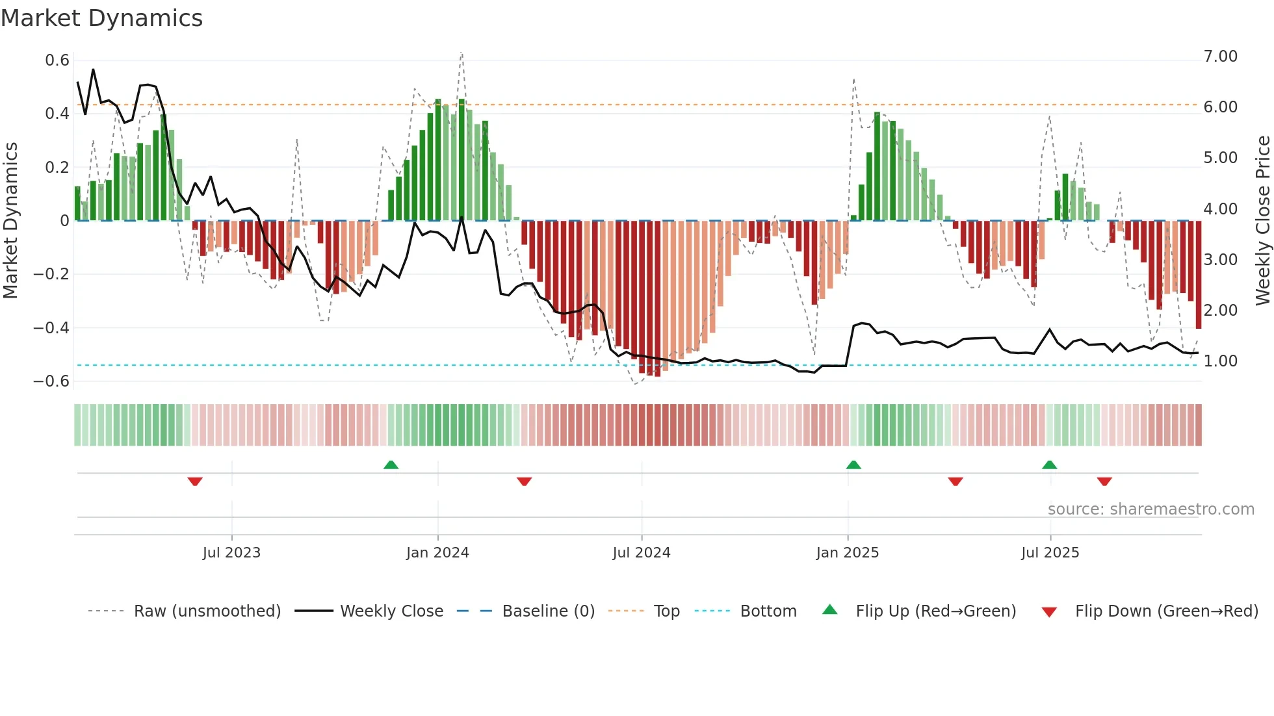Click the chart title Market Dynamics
101,18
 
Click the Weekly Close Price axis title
1262,220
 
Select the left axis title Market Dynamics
10,220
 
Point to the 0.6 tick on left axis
57,60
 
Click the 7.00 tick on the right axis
1220,57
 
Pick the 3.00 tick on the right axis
1220,260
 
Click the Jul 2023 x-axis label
231,553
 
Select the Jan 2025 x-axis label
847,553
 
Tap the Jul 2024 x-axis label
641,553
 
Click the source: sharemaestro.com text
1150,509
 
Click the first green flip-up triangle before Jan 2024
391,465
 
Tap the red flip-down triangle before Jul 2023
195,481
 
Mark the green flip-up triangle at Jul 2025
1049,465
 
